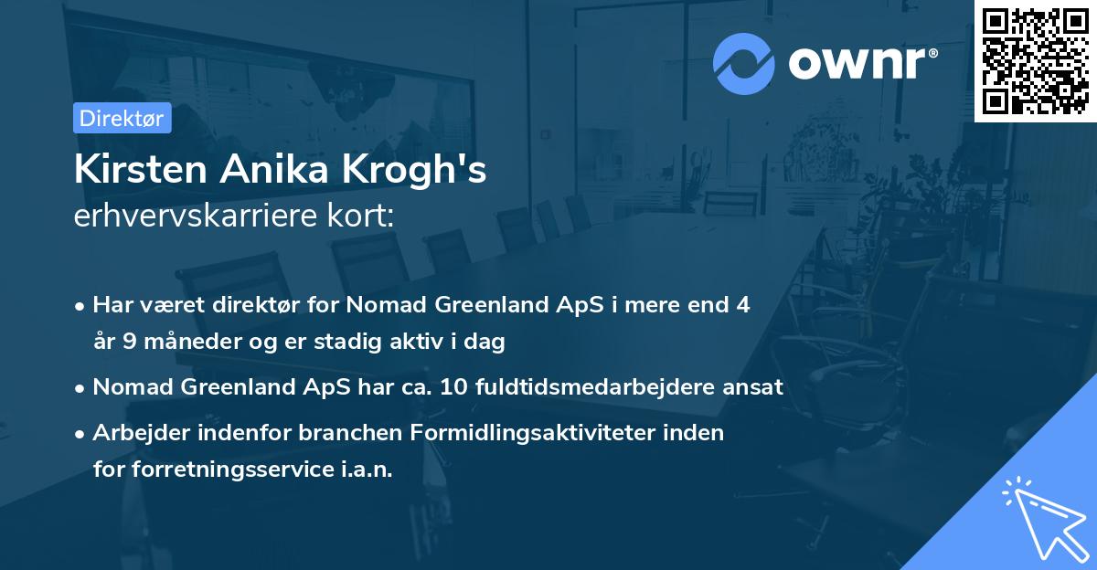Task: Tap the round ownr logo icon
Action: [744, 63]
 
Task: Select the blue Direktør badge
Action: [121, 118]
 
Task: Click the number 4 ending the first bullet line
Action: [742, 305]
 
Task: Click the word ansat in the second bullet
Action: [754, 387]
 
